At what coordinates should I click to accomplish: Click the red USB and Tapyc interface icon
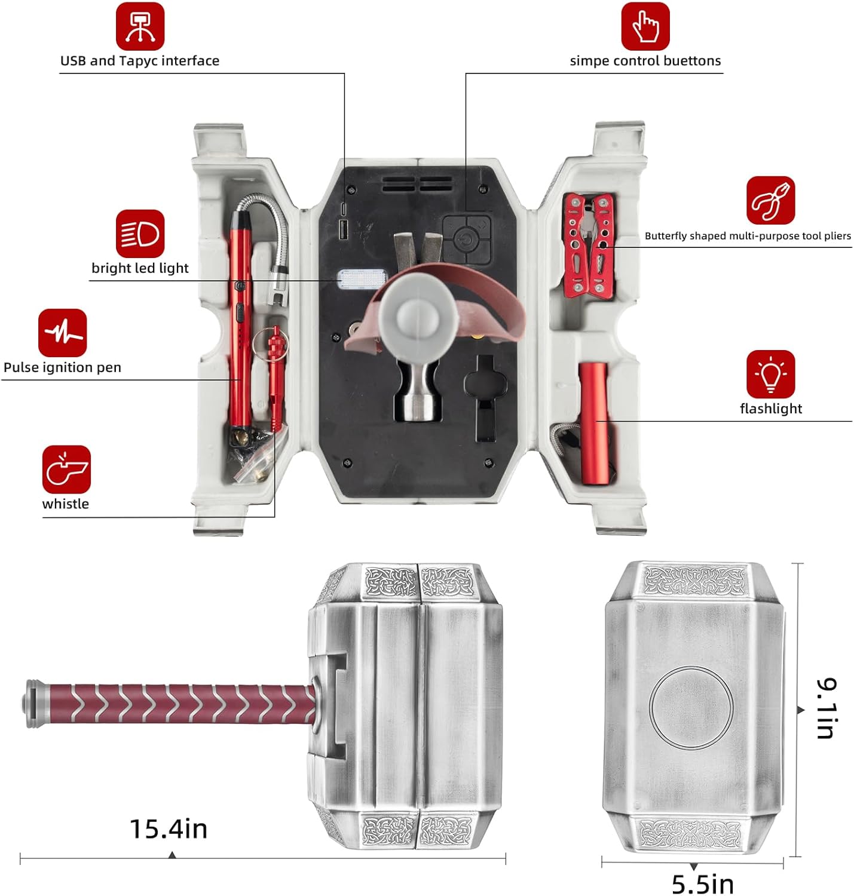pyautogui.click(x=140, y=26)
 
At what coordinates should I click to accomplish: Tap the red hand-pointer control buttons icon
pyautogui.click(x=645, y=26)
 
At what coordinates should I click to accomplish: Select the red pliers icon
pyautogui.click(x=770, y=201)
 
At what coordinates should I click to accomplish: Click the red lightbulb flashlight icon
pyautogui.click(x=770, y=374)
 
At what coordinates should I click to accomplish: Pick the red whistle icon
pyautogui.click(x=66, y=470)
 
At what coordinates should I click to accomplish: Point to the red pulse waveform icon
pyautogui.click(x=63, y=333)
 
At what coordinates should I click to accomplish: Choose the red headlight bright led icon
pyautogui.click(x=140, y=234)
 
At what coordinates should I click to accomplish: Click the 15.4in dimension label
pyautogui.click(x=169, y=829)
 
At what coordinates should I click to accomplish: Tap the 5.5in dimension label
pyautogui.click(x=703, y=885)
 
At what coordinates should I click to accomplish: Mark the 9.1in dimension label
pyautogui.click(x=827, y=708)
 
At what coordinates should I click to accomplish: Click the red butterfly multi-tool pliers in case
pyautogui.click(x=589, y=245)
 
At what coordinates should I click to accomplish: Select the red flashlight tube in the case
pyautogui.click(x=595, y=423)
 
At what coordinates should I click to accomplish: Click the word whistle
pyautogui.click(x=66, y=504)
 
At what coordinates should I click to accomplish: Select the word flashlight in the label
pyautogui.click(x=770, y=409)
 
